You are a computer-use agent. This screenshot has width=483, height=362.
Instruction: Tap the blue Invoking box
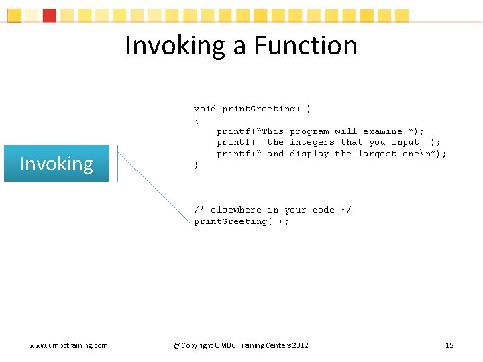coord(56,164)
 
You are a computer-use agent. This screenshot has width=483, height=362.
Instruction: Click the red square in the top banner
coord(50,15)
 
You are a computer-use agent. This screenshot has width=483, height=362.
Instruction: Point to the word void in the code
coord(205,109)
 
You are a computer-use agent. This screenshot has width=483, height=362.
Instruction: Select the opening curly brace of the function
coord(196,120)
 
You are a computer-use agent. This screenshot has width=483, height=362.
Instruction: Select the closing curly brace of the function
coord(196,165)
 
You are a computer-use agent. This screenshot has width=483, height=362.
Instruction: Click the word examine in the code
coord(382,131)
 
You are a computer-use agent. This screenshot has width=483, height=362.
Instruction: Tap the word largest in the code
coord(376,154)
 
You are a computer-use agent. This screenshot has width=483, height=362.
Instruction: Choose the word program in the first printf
coord(309,131)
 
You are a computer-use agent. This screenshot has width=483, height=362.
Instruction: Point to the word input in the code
coord(405,142)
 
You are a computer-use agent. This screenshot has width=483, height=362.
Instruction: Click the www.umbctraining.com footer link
coord(68,345)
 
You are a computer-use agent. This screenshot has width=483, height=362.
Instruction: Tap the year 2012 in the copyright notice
coord(301,345)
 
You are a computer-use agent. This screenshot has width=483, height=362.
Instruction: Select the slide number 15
coord(449,345)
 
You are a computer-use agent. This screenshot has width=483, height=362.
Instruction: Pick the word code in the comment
coord(323,210)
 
